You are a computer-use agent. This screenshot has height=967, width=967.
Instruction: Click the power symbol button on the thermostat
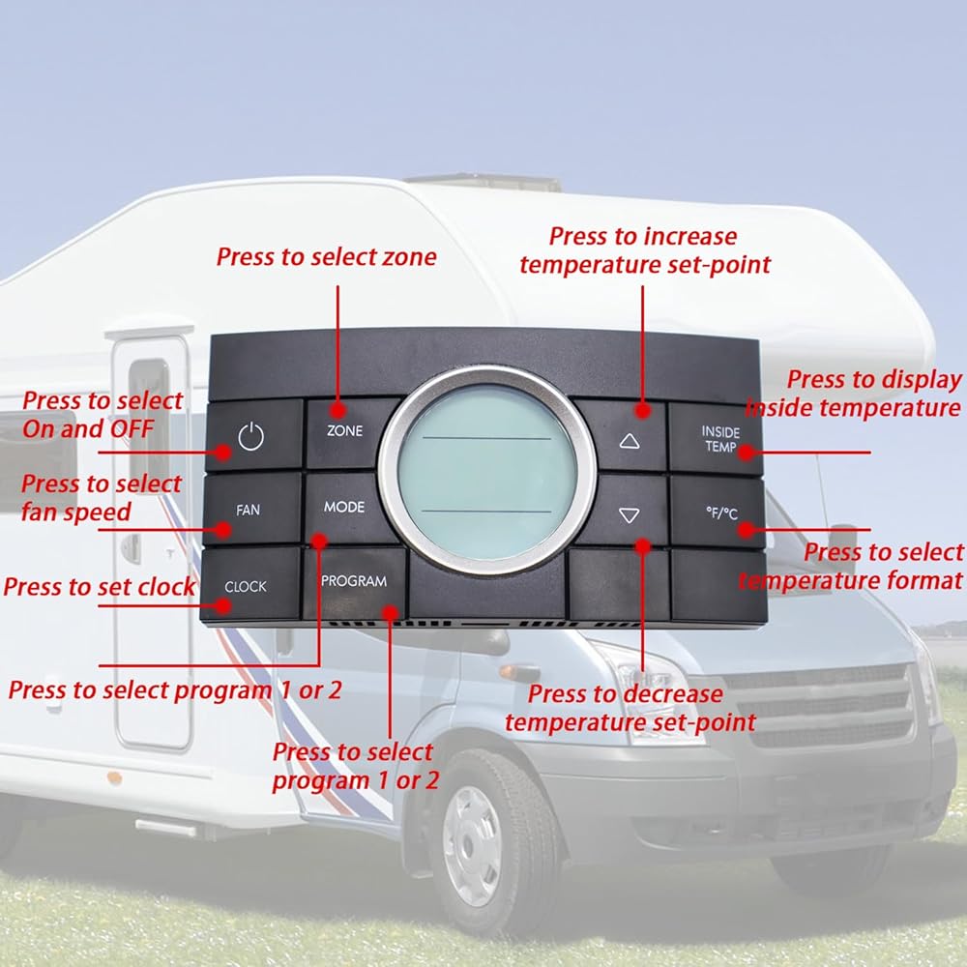(x=252, y=435)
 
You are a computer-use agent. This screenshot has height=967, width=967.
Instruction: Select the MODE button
(x=344, y=508)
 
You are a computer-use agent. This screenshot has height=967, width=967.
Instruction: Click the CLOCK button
(x=249, y=585)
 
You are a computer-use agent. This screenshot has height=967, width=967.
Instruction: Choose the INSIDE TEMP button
(x=717, y=439)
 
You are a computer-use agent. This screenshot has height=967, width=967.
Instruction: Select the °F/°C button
(x=718, y=513)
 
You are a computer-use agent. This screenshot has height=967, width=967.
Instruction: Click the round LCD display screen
(x=487, y=472)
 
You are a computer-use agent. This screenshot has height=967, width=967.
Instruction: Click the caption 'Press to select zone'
(x=326, y=256)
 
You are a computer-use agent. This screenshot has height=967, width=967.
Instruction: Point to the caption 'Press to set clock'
(x=100, y=587)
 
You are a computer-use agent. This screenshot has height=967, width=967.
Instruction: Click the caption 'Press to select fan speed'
(x=102, y=498)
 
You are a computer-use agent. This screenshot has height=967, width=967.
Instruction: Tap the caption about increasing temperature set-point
(x=644, y=250)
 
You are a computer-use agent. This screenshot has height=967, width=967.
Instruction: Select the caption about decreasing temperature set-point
(x=630, y=708)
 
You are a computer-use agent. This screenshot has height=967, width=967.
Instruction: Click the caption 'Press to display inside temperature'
(x=854, y=394)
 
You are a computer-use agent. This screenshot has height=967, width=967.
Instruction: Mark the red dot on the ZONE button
(x=337, y=411)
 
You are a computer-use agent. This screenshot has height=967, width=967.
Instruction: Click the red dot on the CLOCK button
(x=223, y=605)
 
